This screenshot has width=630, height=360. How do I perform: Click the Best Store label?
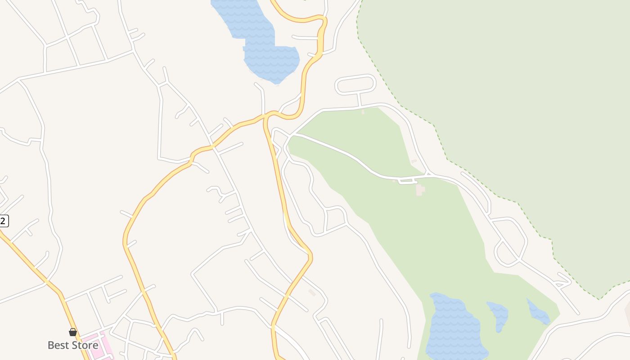[x=73, y=346]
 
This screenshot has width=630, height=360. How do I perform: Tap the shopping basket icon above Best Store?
[x=73, y=333]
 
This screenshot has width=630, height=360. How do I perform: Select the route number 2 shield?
[x=3, y=221]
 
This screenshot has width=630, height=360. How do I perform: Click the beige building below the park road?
[x=420, y=189]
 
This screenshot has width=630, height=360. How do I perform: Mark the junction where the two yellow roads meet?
[x=267, y=117]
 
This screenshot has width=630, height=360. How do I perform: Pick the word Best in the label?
[x=58, y=346]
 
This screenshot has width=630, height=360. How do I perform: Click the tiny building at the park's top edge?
[x=363, y=111]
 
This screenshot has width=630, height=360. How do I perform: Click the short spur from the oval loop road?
[x=360, y=99]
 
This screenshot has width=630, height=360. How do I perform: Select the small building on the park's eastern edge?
[x=414, y=161]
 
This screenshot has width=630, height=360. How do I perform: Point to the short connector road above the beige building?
[x=407, y=182]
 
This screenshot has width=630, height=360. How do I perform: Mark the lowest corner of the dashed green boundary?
[x=599, y=298]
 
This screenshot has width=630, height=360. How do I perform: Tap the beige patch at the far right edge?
[x=627, y=310]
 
